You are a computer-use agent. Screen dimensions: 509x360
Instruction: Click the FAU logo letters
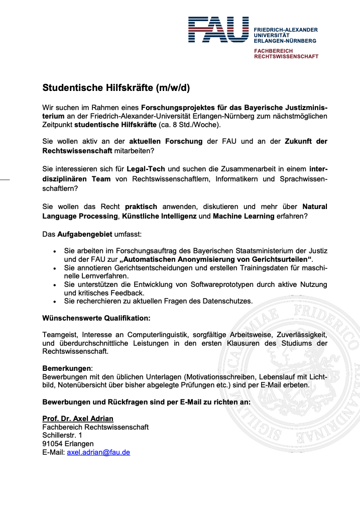click(218, 30)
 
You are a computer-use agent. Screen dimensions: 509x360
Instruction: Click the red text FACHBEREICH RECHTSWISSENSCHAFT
click(286, 54)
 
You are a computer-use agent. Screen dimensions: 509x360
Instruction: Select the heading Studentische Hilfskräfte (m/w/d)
click(116, 88)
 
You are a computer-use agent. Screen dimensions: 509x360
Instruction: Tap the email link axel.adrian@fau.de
click(98, 452)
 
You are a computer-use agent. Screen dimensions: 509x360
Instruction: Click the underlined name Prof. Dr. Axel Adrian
click(78, 419)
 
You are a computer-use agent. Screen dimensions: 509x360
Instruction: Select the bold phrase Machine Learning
click(244, 216)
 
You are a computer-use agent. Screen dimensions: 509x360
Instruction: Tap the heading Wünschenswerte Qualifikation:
click(96, 318)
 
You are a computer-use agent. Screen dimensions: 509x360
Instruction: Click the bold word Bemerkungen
click(67, 368)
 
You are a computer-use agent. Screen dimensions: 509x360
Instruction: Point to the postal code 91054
click(53, 444)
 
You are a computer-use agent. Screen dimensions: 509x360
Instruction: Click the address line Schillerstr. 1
click(62, 435)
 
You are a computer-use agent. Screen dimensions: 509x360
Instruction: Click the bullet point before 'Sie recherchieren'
click(55, 301)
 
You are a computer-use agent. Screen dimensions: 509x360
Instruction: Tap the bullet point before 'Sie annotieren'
click(55, 268)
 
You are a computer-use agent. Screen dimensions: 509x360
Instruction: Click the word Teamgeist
click(60, 335)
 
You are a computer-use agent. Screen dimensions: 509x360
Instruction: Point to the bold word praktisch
click(141, 207)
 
